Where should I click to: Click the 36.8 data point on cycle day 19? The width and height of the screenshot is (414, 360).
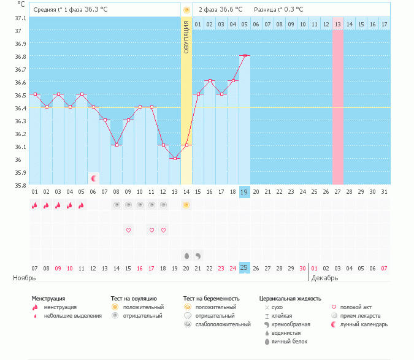point(245,56)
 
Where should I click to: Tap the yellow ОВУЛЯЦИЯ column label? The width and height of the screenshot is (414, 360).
point(186,37)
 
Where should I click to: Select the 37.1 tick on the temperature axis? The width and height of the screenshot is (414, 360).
point(20,18)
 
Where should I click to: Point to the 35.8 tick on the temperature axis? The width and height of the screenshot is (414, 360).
point(20,185)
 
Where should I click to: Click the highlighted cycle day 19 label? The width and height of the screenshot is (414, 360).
point(245,191)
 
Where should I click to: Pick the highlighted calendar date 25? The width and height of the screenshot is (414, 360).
point(245,267)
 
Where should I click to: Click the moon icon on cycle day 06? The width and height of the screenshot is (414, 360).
point(94,178)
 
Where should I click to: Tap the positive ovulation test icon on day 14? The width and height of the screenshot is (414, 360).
point(186,205)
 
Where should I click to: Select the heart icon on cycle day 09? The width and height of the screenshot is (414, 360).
point(129,230)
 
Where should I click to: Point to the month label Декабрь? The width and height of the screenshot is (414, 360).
point(325,278)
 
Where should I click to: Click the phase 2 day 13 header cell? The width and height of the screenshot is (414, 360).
point(337,24)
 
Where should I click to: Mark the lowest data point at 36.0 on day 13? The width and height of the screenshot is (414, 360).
point(175,159)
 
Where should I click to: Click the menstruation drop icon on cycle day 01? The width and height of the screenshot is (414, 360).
point(35,205)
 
